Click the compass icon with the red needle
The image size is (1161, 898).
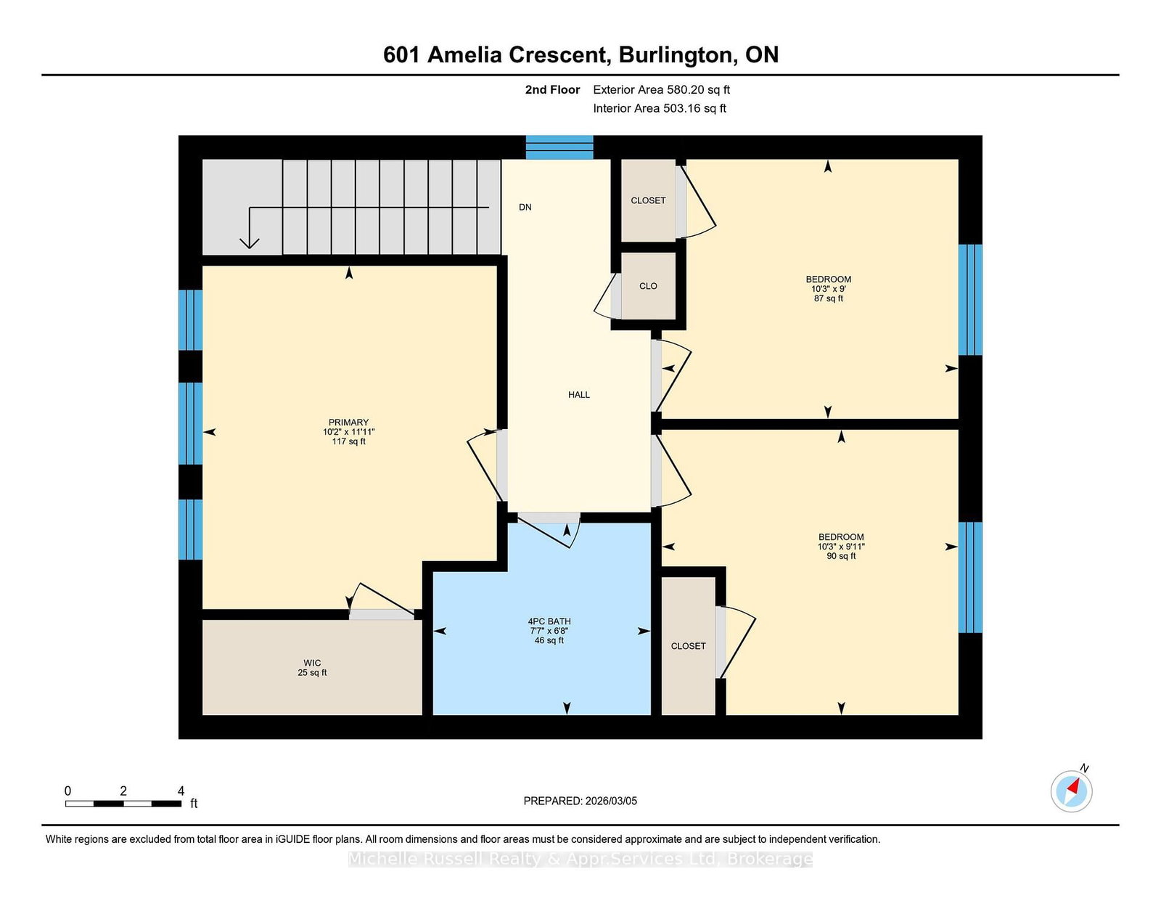(1071, 791)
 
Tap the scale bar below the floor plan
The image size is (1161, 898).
(123, 804)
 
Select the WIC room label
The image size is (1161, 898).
(312, 663)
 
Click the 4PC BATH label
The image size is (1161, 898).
(549, 621)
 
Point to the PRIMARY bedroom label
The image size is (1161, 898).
(348, 423)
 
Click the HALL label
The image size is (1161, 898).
(578, 394)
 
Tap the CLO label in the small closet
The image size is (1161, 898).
(648, 286)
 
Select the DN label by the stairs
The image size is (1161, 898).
(525, 208)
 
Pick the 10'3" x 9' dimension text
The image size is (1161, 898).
(828, 289)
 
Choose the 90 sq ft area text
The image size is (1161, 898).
(841, 556)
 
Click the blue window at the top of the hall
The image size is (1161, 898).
(559, 147)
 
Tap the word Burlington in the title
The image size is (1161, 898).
(676, 54)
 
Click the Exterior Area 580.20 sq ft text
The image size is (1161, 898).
(662, 90)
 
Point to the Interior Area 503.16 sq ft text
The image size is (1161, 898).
(660, 108)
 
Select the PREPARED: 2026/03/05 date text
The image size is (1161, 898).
(580, 801)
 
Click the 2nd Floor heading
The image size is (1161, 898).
(552, 90)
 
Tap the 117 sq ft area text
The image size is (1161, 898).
(348, 441)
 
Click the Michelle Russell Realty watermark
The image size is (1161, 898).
(580, 859)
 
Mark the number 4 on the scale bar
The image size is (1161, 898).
(181, 791)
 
